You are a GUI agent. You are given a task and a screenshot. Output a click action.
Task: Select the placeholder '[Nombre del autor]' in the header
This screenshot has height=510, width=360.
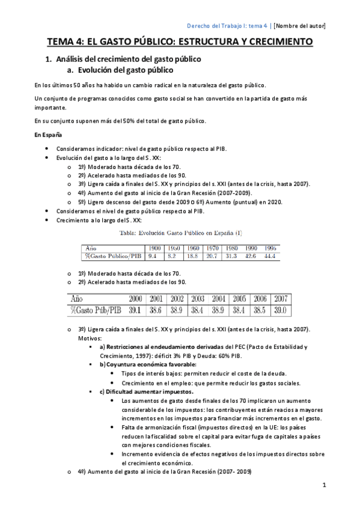(299, 25)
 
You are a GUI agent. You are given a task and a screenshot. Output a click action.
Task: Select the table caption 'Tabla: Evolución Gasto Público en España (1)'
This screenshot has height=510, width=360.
(181, 232)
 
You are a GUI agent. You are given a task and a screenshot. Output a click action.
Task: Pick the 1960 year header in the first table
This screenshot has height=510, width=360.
(193, 248)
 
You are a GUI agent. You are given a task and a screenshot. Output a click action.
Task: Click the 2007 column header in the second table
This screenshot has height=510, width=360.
(280, 298)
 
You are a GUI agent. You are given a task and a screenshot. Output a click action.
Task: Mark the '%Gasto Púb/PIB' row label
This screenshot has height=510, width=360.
(96, 310)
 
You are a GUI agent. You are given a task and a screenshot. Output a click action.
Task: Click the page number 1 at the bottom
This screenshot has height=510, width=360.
(323, 485)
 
